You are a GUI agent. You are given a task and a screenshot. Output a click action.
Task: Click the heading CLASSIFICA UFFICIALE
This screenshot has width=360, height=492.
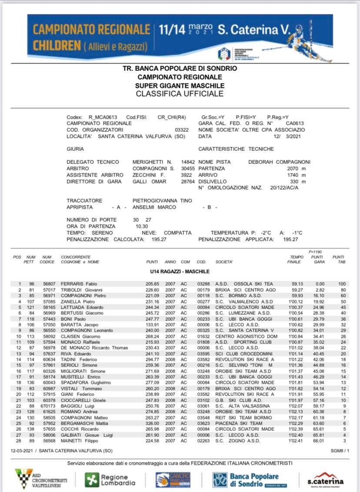pos(180,93)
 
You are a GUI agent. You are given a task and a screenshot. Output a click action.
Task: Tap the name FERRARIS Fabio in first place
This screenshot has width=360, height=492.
pos(79,284)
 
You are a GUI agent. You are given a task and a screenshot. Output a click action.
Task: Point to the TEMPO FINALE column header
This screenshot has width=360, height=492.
pos(297,259)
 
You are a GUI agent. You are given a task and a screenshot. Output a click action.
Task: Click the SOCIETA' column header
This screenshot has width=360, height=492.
pos(224,262)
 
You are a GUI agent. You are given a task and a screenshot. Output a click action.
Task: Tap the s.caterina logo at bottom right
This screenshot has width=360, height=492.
pos(326,479)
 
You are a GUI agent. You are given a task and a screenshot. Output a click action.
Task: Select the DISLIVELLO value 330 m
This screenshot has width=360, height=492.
pos(298,182)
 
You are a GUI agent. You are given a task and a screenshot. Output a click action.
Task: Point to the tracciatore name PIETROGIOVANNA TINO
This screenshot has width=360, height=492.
pos(162,201)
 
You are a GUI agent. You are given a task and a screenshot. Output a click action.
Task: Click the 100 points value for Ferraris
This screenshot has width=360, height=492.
pos(342,284)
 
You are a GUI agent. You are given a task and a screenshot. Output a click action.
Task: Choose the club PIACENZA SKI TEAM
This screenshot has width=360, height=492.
pos(239,423)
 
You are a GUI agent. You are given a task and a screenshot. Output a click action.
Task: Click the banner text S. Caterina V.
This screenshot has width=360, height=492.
pos(253,30)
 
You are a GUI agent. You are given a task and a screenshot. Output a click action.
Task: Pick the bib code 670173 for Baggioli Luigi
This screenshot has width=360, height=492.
pos(47,406)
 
